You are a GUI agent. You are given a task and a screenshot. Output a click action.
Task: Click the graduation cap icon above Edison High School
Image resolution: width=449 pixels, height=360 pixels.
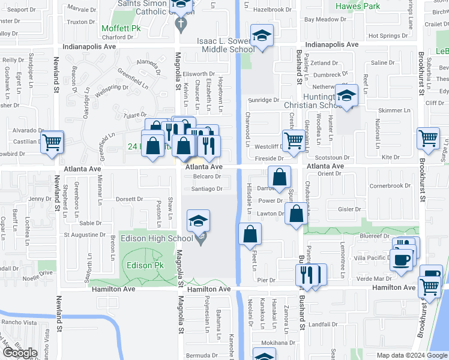click(x=198, y=221)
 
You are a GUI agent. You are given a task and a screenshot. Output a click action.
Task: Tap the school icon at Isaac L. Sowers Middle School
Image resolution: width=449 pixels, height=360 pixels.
click(x=262, y=37)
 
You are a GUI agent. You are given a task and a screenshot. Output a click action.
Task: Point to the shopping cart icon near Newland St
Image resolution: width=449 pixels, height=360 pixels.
click(x=52, y=143)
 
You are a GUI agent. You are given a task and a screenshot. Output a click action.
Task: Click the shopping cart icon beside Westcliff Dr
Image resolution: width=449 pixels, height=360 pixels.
click(x=294, y=140)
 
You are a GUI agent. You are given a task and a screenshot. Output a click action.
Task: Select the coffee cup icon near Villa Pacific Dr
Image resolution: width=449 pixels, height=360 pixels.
click(x=401, y=260)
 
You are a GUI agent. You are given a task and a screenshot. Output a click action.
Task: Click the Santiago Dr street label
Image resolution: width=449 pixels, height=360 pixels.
click(x=206, y=188)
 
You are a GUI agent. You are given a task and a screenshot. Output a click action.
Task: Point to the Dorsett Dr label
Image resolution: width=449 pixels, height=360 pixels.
click(x=129, y=199)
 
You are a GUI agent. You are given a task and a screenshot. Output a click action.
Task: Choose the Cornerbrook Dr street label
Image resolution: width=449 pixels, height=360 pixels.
click(x=390, y=186)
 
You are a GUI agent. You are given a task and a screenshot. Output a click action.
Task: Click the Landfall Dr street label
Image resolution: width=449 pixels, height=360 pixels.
click(x=325, y=325)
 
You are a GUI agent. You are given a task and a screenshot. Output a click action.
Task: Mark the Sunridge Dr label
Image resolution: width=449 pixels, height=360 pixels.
click(x=264, y=100)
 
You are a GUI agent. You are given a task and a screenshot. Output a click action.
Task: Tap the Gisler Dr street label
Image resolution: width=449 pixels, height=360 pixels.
click(x=348, y=209)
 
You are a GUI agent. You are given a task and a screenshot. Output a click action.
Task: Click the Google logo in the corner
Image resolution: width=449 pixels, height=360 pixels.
click(x=20, y=353)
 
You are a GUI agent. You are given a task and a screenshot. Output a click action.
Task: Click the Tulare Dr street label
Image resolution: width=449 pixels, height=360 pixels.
click(x=135, y=115)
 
